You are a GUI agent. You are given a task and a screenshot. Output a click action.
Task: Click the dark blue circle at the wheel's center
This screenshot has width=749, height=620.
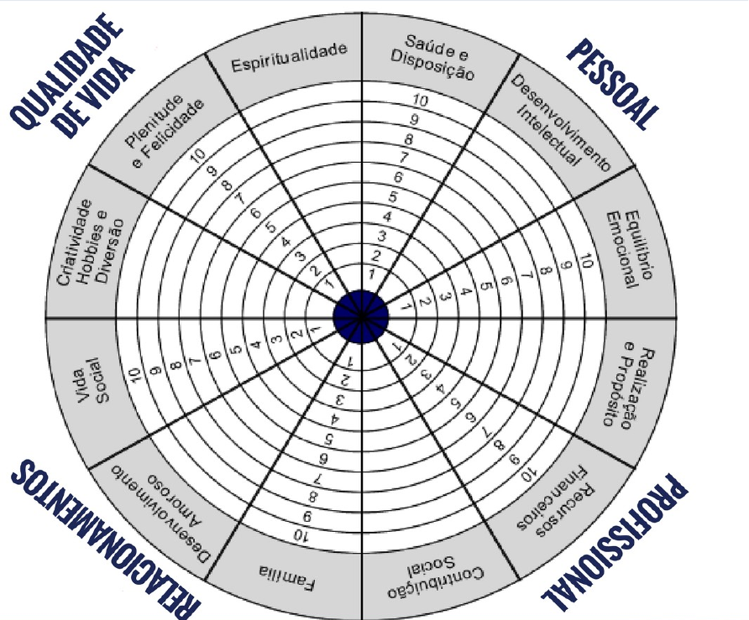tap(361, 315)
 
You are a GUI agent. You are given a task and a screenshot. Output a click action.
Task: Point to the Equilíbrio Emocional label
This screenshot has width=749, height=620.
tap(629, 248)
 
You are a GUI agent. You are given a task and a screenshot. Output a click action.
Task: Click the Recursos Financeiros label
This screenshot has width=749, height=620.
tap(553, 501)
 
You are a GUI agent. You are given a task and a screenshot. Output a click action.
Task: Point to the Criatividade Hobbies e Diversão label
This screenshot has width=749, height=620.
tap(93, 243)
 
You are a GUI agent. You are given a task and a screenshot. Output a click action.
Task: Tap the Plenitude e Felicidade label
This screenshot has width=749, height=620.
tap(163, 132)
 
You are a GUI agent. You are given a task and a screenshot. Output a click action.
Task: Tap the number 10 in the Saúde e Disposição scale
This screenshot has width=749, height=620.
tap(422, 101)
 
